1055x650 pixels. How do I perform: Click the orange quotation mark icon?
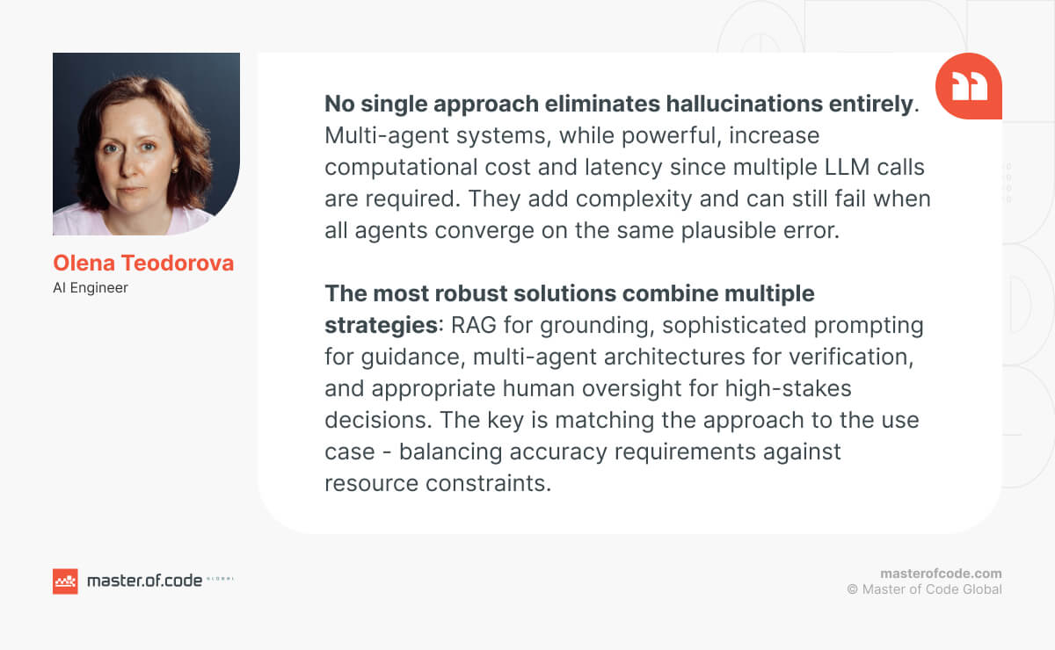coord(968,86)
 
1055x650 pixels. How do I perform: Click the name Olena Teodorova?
coord(143,264)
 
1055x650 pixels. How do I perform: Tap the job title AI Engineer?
coord(91,287)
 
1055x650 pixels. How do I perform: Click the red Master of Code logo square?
coord(65,581)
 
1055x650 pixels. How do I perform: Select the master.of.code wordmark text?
coord(144,581)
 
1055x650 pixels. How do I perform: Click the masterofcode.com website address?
coord(941,574)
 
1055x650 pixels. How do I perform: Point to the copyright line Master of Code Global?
coord(925,589)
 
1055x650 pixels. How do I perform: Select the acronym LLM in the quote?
coord(847,167)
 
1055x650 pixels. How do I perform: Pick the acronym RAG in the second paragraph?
coord(473,325)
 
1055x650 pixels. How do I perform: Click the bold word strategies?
coord(382,326)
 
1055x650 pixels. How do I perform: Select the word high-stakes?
coord(788,389)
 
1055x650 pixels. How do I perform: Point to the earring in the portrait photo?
coord(175,169)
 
